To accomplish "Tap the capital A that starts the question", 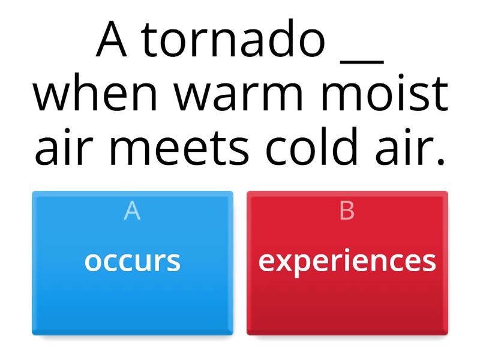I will click(x=112, y=41).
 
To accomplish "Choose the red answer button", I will click(x=347, y=288).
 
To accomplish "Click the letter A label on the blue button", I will click(x=132, y=211).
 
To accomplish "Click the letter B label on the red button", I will click(x=347, y=211).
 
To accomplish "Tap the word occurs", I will click(x=133, y=261).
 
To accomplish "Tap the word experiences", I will click(x=347, y=261).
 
